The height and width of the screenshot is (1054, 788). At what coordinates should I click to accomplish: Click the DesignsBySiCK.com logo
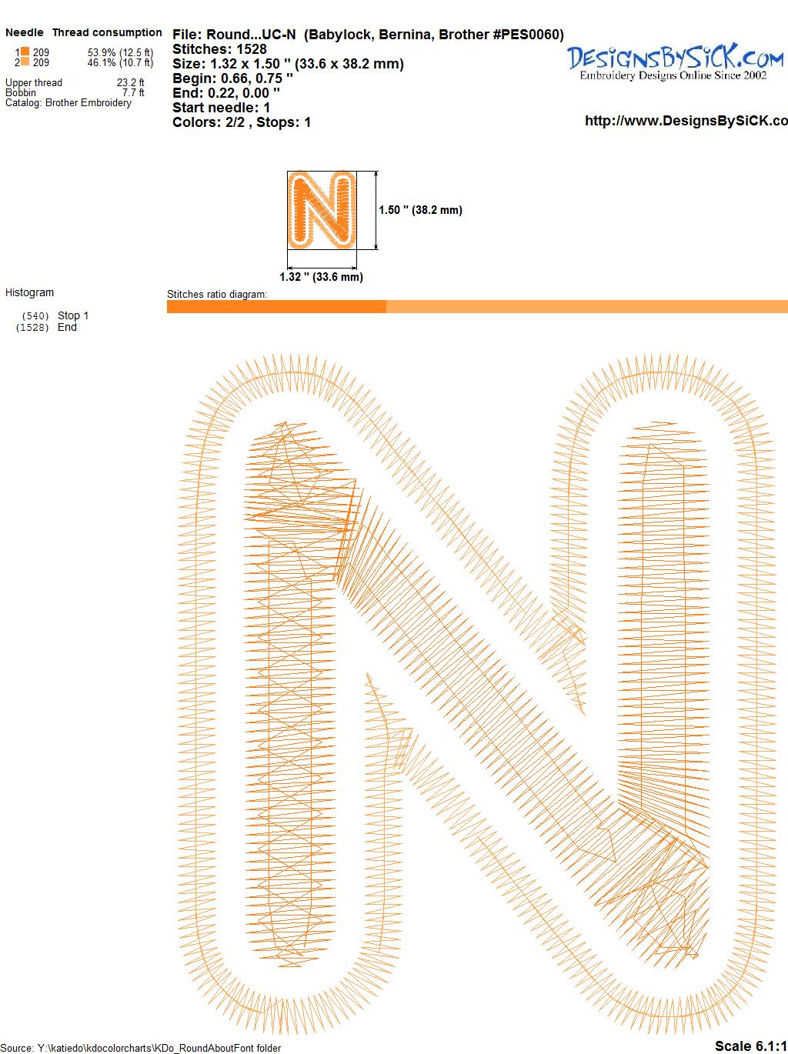point(675,62)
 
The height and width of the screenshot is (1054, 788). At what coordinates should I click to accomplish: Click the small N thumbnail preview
point(322,210)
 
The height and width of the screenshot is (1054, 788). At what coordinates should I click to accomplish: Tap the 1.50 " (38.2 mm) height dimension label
point(420,210)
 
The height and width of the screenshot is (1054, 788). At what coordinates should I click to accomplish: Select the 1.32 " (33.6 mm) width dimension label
point(321,277)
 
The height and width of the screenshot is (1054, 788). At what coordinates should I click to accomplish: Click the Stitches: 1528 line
point(219,49)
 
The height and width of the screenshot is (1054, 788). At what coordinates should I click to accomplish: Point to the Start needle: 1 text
point(222,108)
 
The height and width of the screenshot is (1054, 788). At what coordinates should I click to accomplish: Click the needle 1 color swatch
point(25,52)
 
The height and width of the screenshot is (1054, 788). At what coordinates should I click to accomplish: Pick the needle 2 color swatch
point(25,62)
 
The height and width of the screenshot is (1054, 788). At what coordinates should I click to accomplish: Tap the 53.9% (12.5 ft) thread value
point(120,52)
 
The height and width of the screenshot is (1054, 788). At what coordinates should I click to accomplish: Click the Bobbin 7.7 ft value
point(133,92)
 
